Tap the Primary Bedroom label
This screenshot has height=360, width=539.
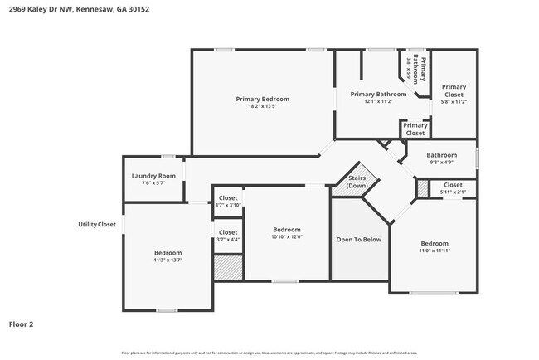pyautogui.click(x=262, y=99)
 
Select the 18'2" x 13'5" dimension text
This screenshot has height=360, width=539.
pyautogui.click(x=262, y=106)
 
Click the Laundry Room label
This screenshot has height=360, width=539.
pyautogui.click(x=153, y=176)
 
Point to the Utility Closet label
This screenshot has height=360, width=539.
pyautogui.click(x=96, y=224)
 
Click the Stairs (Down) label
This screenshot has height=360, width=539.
pyautogui.click(x=357, y=182)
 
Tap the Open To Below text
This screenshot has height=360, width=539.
pyautogui.click(x=358, y=239)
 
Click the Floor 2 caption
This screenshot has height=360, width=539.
pyautogui.click(x=22, y=324)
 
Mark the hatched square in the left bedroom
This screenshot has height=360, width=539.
pyautogui.click(x=228, y=267)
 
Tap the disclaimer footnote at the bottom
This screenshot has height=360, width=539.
pyautogui.click(x=269, y=353)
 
